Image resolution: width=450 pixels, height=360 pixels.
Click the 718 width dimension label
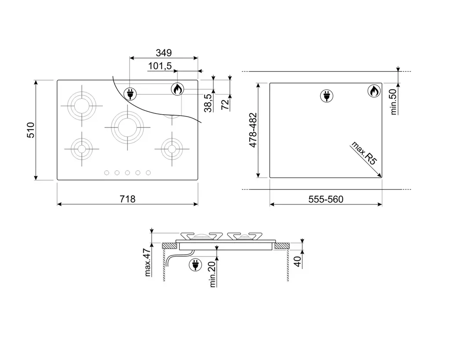pos(127,199)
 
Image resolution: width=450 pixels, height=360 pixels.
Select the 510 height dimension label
pos(31,130)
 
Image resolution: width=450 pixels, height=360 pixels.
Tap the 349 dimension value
pos(163,53)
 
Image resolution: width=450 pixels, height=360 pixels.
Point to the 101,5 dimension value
pos(160,66)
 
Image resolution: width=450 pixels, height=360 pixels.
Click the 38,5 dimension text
pos(208,103)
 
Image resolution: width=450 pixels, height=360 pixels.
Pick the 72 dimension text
pos(225,104)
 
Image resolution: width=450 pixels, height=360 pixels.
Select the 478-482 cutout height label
pos(253,130)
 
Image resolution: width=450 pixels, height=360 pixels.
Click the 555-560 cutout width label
pos(326,199)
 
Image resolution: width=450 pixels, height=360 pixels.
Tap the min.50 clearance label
pos(393,102)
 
